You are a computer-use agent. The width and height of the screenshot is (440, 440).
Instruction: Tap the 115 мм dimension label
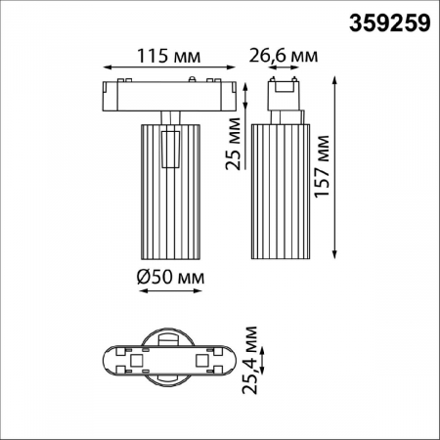click(156, 56)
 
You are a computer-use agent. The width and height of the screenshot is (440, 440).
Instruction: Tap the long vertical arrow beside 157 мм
click(338, 166)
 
